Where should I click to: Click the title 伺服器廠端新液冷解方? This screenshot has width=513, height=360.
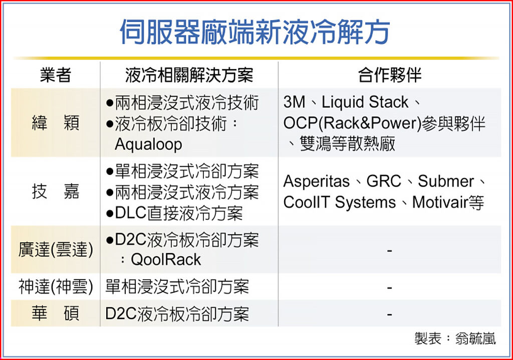click(x=254, y=32)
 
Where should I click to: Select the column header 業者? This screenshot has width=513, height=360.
click(x=55, y=75)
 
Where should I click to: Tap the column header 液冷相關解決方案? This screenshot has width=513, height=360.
click(x=189, y=75)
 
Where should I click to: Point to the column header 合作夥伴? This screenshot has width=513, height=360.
click(x=389, y=75)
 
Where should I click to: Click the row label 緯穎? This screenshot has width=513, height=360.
click(x=55, y=123)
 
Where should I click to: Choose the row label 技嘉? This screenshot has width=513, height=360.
click(x=55, y=192)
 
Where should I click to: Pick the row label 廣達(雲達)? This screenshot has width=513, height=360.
click(x=56, y=250)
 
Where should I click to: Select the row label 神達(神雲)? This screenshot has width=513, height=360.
click(x=56, y=287)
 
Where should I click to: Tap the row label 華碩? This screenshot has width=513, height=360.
click(x=55, y=313)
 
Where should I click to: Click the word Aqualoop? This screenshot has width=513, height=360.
click(x=148, y=144)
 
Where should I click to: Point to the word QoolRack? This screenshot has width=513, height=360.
click(x=165, y=260)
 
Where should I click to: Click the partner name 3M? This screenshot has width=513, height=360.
click(x=294, y=102)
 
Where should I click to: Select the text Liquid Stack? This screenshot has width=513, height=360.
click(x=365, y=102)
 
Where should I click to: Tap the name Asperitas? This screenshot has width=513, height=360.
click(x=317, y=182)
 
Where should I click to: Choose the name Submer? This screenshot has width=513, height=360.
click(x=446, y=181)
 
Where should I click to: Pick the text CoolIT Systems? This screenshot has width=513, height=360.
click(x=340, y=203)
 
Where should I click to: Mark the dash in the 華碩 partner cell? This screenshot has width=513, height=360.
click(x=389, y=315)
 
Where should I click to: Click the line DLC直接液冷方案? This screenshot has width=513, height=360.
click(x=174, y=213)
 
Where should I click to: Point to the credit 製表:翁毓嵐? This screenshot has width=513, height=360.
click(x=455, y=338)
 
